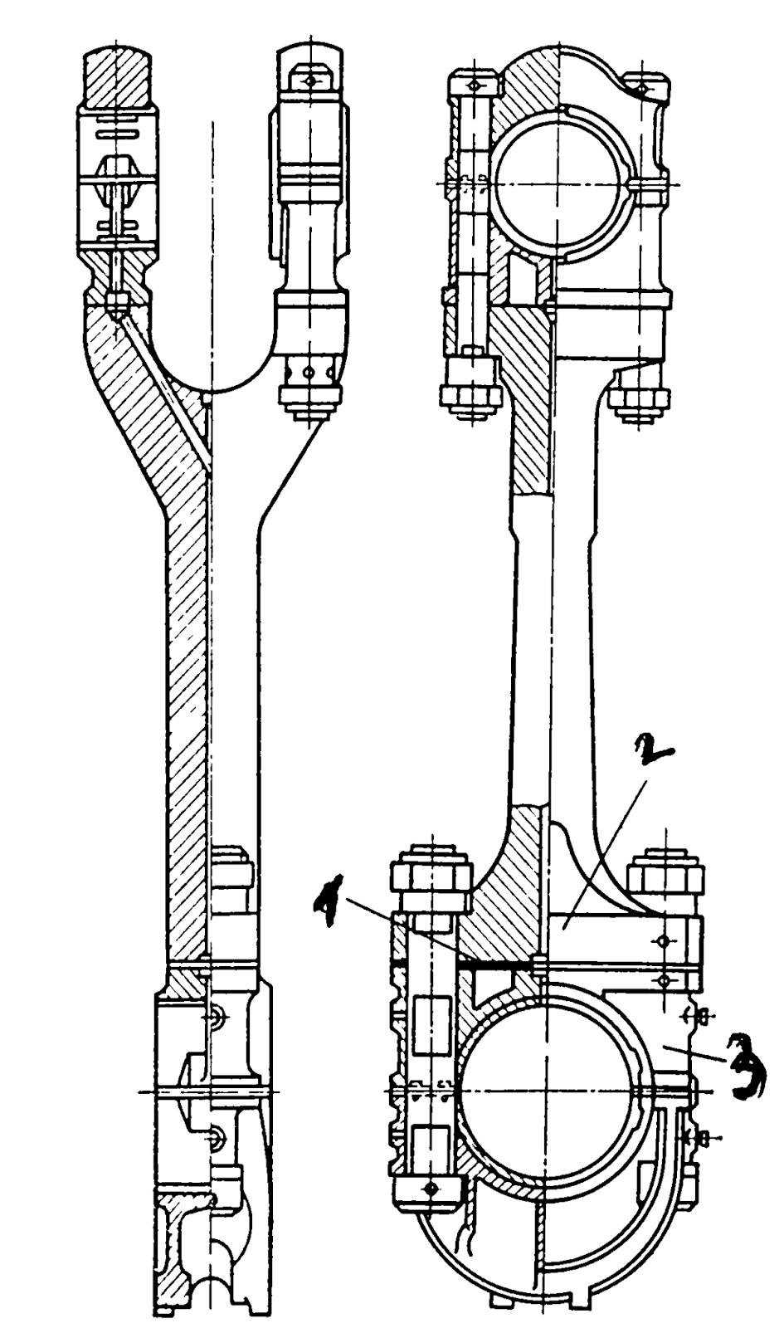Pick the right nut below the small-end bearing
(x=640, y=399)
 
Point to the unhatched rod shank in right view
(x=551, y=652)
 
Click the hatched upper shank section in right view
(x=530, y=409)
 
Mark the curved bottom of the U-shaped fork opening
(x=211, y=388)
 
